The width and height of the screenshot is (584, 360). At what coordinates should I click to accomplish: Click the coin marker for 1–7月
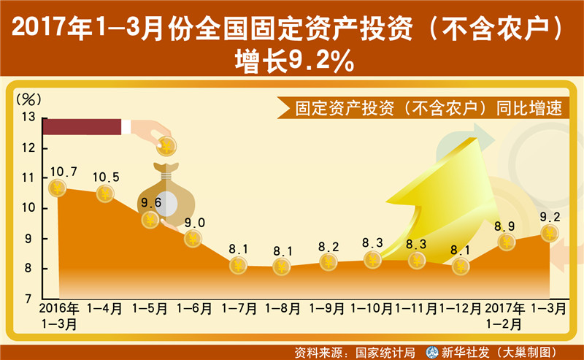pyautogui.click(x=239, y=266)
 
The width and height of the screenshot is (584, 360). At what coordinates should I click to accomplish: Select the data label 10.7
pyautogui.click(x=64, y=172)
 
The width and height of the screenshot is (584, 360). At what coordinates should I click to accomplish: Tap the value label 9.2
pyautogui.click(x=550, y=217)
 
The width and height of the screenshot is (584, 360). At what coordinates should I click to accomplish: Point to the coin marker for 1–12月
pyautogui.click(x=461, y=267)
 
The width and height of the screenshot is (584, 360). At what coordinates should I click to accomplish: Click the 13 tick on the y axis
pyautogui.click(x=28, y=117)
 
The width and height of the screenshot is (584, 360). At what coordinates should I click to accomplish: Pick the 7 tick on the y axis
pyautogui.click(x=28, y=299)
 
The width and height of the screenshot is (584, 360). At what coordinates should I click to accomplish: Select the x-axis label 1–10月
pyautogui.click(x=372, y=309)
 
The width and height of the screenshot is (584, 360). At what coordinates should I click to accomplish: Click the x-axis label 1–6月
pyautogui.click(x=193, y=309)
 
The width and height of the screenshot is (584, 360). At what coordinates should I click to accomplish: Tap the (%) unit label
pyautogui.click(x=28, y=99)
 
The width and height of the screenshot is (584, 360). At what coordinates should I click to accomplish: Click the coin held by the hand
pyautogui.click(x=166, y=146)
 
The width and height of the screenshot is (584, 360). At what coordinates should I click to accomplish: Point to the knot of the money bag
pyautogui.click(x=166, y=175)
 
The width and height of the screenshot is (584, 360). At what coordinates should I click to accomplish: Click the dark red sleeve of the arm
pyautogui.click(x=82, y=127)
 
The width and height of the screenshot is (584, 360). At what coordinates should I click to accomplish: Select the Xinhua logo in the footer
pyautogui.click(x=432, y=352)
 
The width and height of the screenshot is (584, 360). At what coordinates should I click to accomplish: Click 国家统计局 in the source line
pyautogui.click(x=385, y=353)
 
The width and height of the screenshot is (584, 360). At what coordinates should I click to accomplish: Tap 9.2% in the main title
pyautogui.click(x=321, y=61)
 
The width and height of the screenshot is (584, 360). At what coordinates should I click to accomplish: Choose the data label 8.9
pyautogui.click(x=504, y=226)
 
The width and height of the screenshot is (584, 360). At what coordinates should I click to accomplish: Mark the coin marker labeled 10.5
pyautogui.click(x=105, y=194)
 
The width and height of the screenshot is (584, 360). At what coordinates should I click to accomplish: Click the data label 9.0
pyautogui.click(x=195, y=223)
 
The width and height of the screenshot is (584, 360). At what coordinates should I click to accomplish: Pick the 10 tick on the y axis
pyautogui.click(x=28, y=207)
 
